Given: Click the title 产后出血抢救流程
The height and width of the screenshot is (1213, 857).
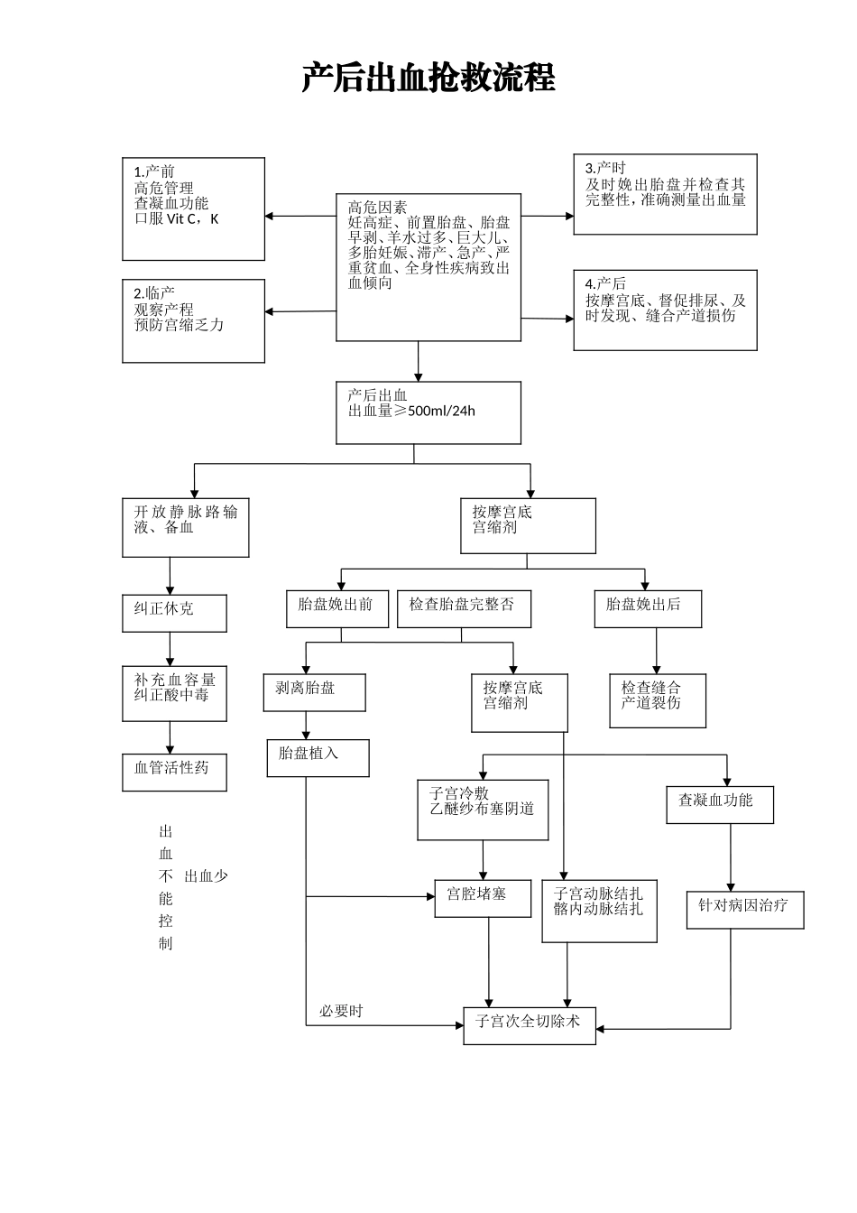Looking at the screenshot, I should click(x=428, y=79).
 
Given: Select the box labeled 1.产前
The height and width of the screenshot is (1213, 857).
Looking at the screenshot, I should click(x=193, y=208).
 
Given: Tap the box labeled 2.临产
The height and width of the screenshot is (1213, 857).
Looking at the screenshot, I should click(x=193, y=320).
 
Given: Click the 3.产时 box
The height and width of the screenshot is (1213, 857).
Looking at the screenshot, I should click(x=665, y=194).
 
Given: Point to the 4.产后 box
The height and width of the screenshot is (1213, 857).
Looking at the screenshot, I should click(x=665, y=310).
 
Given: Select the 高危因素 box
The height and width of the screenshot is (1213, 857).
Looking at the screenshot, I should click(x=428, y=267).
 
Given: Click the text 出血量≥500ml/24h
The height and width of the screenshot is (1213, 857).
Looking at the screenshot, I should click(x=411, y=412).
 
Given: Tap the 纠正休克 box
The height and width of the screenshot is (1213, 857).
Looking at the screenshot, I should click(x=174, y=613).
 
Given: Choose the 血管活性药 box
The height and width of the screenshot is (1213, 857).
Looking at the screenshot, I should click(x=174, y=772).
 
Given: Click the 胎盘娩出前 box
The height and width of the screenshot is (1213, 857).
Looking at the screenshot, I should click(x=335, y=608).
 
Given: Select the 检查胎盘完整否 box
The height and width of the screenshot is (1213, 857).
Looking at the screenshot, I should click(x=463, y=608).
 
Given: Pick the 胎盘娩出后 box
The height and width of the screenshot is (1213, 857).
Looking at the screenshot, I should click(x=647, y=608).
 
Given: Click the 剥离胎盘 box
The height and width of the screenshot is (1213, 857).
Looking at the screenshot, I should click(x=314, y=692).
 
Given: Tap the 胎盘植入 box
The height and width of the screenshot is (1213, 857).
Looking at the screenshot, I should click(x=318, y=757).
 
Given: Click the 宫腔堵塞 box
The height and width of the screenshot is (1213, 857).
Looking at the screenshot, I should click(x=483, y=898).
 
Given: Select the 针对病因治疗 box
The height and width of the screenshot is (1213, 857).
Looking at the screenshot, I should click(x=744, y=909).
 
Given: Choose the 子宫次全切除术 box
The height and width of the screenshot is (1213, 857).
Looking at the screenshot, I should click(x=530, y=1025).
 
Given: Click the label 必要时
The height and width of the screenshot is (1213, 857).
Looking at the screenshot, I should click(x=341, y=1011).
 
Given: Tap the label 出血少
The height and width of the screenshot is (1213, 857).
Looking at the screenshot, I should click(x=207, y=876).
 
